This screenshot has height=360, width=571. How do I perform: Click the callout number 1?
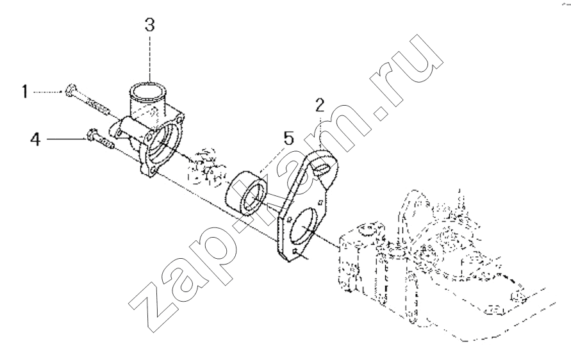point(24,92)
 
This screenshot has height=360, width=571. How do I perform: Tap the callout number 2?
point(319,105)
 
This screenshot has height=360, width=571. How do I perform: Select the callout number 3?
point(150,25)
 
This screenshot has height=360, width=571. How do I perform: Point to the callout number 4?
point(35,139)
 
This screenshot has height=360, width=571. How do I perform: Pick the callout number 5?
point(288,138)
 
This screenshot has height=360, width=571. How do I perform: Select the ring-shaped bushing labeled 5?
point(246,194)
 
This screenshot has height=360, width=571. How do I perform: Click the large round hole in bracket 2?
point(306,225)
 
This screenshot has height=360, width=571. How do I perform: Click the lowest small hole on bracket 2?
point(295,250)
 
